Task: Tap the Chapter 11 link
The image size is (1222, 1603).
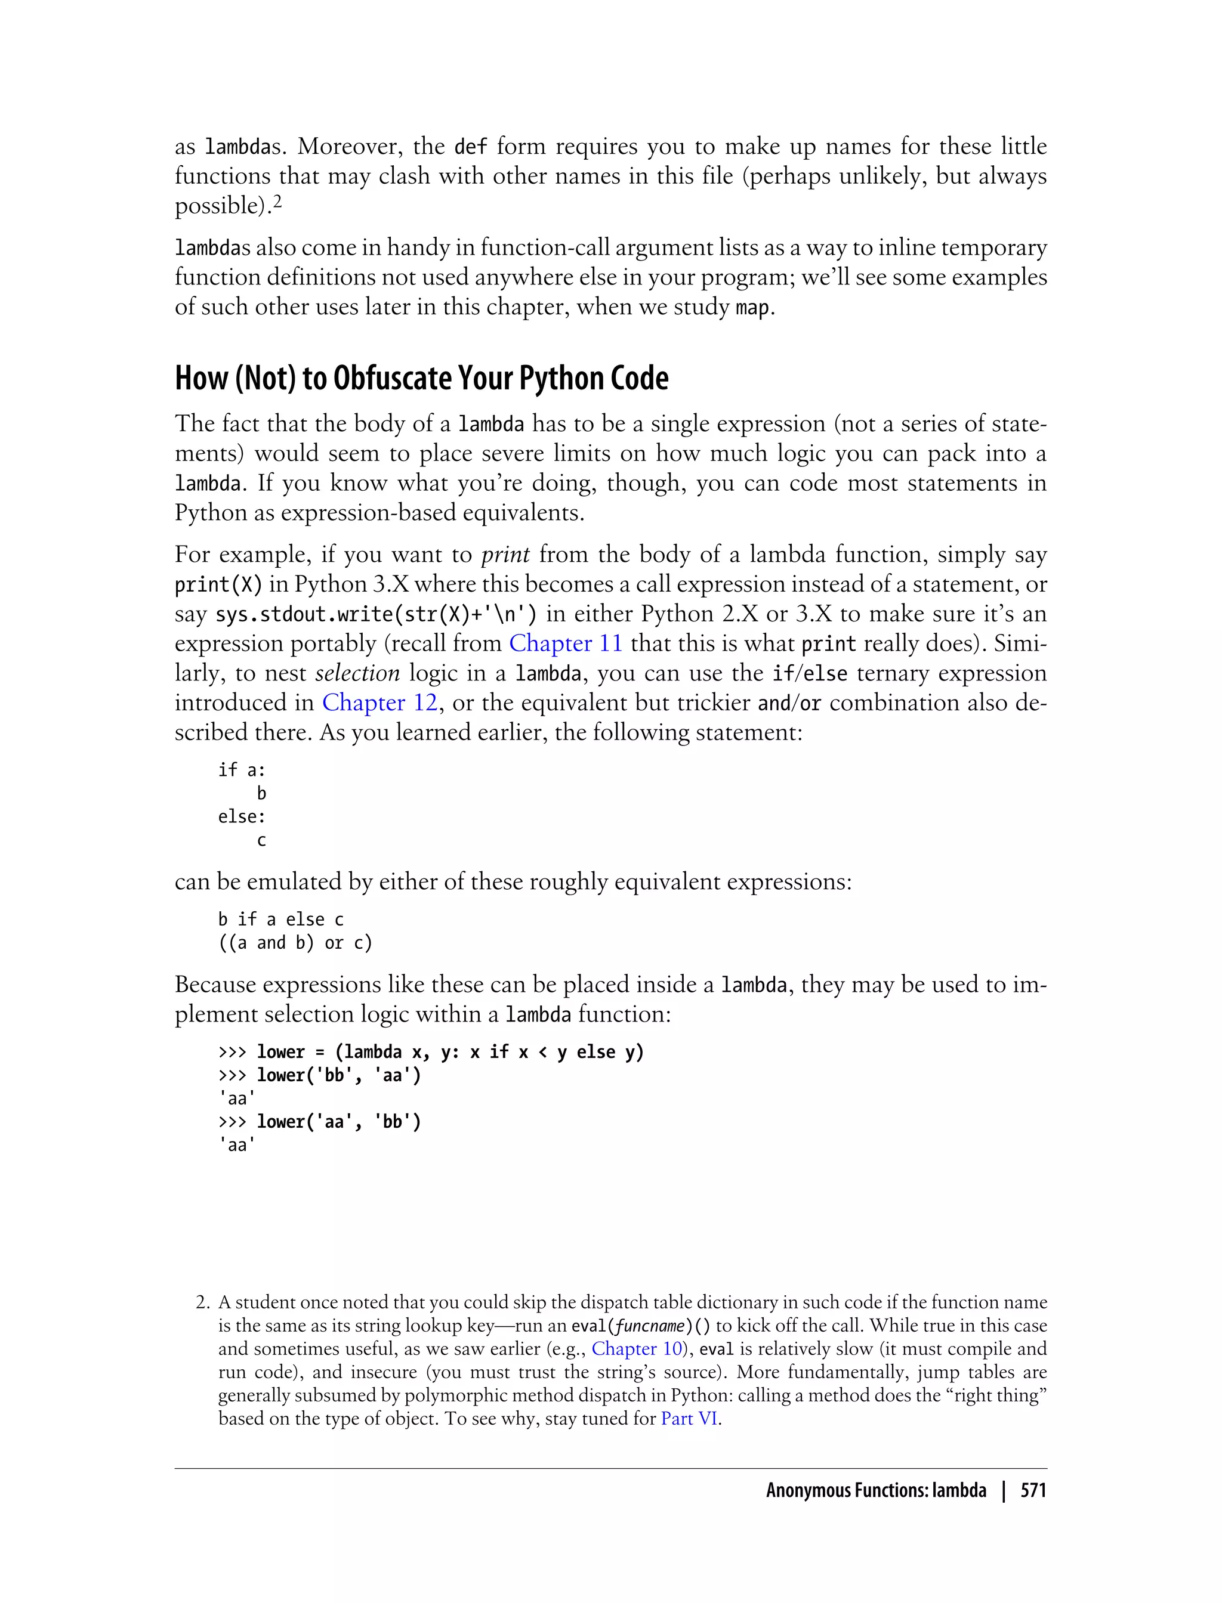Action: pyautogui.click(x=565, y=643)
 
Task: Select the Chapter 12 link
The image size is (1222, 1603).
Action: pyautogui.click(x=379, y=703)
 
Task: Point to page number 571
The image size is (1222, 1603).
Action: pyautogui.click(x=1033, y=1491)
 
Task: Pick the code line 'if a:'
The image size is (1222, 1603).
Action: pyautogui.click(x=242, y=770)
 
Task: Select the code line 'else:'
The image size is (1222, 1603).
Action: pyautogui.click(x=242, y=816)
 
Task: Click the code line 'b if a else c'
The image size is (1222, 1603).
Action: pyautogui.click(x=281, y=920)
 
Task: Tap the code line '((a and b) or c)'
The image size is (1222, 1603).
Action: pyautogui.click(x=295, y=943)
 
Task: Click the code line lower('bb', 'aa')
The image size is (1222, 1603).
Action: pyautogui.click(x=339, y=1075)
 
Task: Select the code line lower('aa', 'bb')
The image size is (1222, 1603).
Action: pyautogui.click(x=339, y=1122)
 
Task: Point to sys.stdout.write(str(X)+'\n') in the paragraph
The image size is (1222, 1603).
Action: pyautogui.click(x=376, y=614)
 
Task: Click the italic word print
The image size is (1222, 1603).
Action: pyautogui.click(x=505, y=555)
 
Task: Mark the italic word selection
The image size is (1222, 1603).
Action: pyautogui.click(x=357, y=673)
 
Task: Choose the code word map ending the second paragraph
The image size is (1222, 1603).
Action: pyautogui.click(x=751, y=308)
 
